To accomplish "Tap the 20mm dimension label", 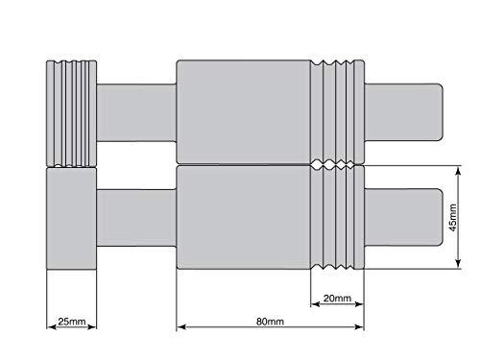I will [336, 298].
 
